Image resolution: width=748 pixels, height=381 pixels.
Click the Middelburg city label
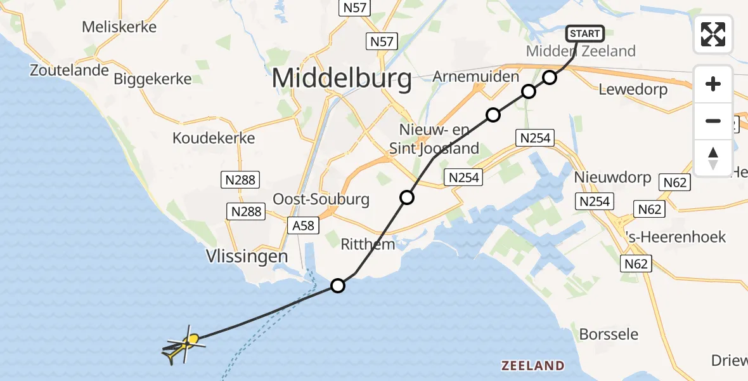tap(342, 79)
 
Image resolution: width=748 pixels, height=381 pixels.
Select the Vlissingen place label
tap(247, 257)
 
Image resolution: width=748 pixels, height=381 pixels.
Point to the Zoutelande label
tap(70, 70)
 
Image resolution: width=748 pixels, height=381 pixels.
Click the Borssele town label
tap(609, 334)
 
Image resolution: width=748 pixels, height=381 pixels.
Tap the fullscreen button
tap(713, 34)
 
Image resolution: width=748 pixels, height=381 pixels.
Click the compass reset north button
tap(713, 158)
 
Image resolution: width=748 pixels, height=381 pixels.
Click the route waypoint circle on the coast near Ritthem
tap(338, 286)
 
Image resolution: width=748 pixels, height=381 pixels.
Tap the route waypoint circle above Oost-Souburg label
tap(407, 197)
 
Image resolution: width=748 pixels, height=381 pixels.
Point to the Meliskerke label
tap(119, 27)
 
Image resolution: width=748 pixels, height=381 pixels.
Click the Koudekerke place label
tap(214, 138)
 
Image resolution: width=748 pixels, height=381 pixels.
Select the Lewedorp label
tap(633, 90)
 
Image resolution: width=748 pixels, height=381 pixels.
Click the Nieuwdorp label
tap(612, 177)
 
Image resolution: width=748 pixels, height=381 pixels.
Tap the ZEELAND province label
tap(532, 366)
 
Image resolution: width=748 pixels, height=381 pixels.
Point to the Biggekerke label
tap(153, 79)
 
